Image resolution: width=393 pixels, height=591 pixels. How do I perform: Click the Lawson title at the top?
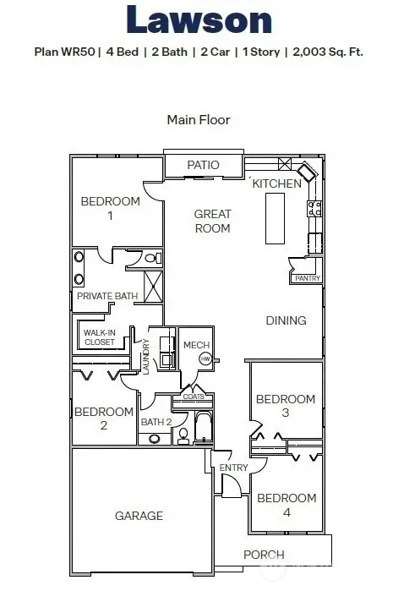pos(199,20)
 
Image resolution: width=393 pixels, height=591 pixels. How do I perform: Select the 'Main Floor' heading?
pos(199,120)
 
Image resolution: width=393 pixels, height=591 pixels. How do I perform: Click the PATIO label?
pos(203,165)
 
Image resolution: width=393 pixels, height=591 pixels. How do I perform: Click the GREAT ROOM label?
pos(212,221)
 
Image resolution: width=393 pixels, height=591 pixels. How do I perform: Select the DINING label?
pos(286,320)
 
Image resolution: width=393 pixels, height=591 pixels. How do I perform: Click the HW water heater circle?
pos(205,359)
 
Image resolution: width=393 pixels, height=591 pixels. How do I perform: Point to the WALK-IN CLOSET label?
pos(99,337)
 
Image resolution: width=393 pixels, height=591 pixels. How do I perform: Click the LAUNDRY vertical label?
pos(146,357)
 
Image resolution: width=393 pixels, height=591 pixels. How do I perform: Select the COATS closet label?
pos(193,397)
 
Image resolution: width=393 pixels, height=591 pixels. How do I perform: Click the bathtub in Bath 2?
pos(204,428)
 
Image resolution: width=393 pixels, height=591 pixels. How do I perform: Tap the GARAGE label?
pos(139,515)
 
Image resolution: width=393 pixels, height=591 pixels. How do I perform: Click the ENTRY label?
pos(232,468)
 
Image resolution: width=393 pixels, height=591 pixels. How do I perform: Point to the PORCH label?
pos(264,555)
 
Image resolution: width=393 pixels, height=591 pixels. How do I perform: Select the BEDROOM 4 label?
pos(287,506)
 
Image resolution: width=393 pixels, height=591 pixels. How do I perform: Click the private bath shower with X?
pos(154,286)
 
